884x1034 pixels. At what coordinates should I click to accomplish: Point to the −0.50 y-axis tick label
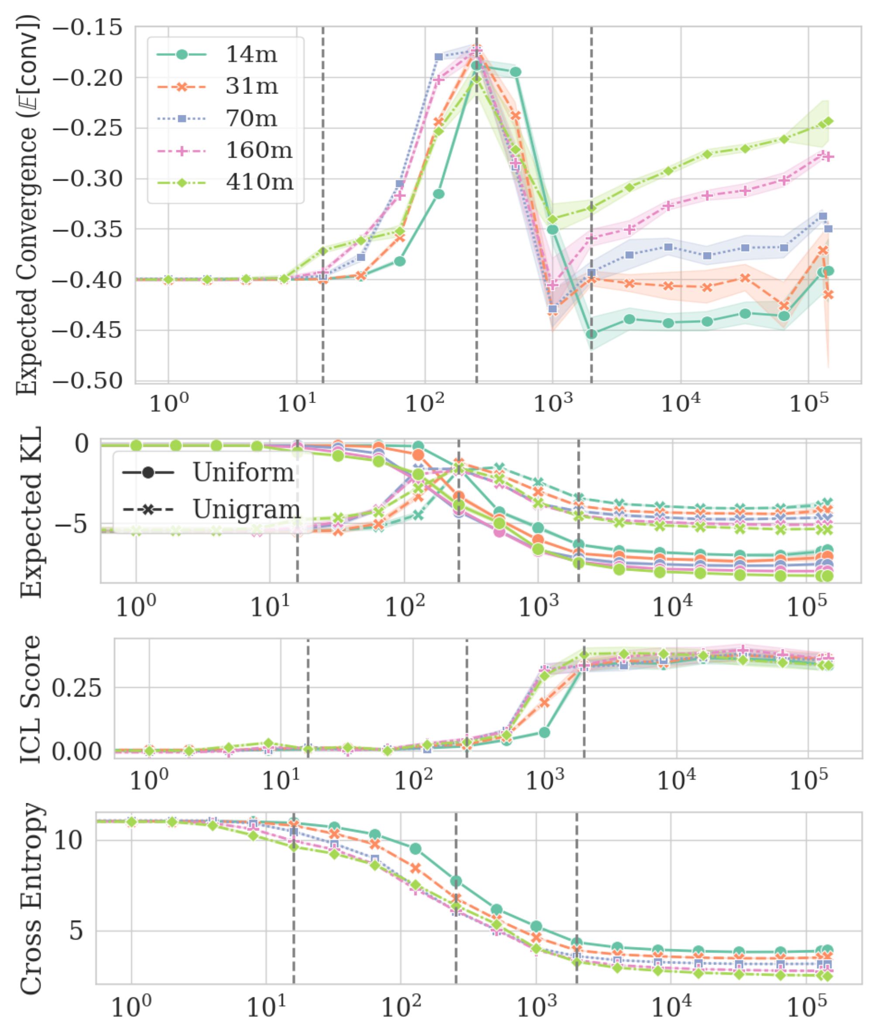[x=87, y=381]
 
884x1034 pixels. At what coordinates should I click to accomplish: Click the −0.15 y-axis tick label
[x=87, y=27]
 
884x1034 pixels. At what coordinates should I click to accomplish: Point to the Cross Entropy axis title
[x=31, y=898]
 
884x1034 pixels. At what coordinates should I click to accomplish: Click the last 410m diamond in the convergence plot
[x=829, y=121]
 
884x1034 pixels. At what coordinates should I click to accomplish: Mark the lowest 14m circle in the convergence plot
[x=592, y=334]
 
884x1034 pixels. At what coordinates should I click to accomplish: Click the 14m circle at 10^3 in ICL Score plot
[x=544, y=733]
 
